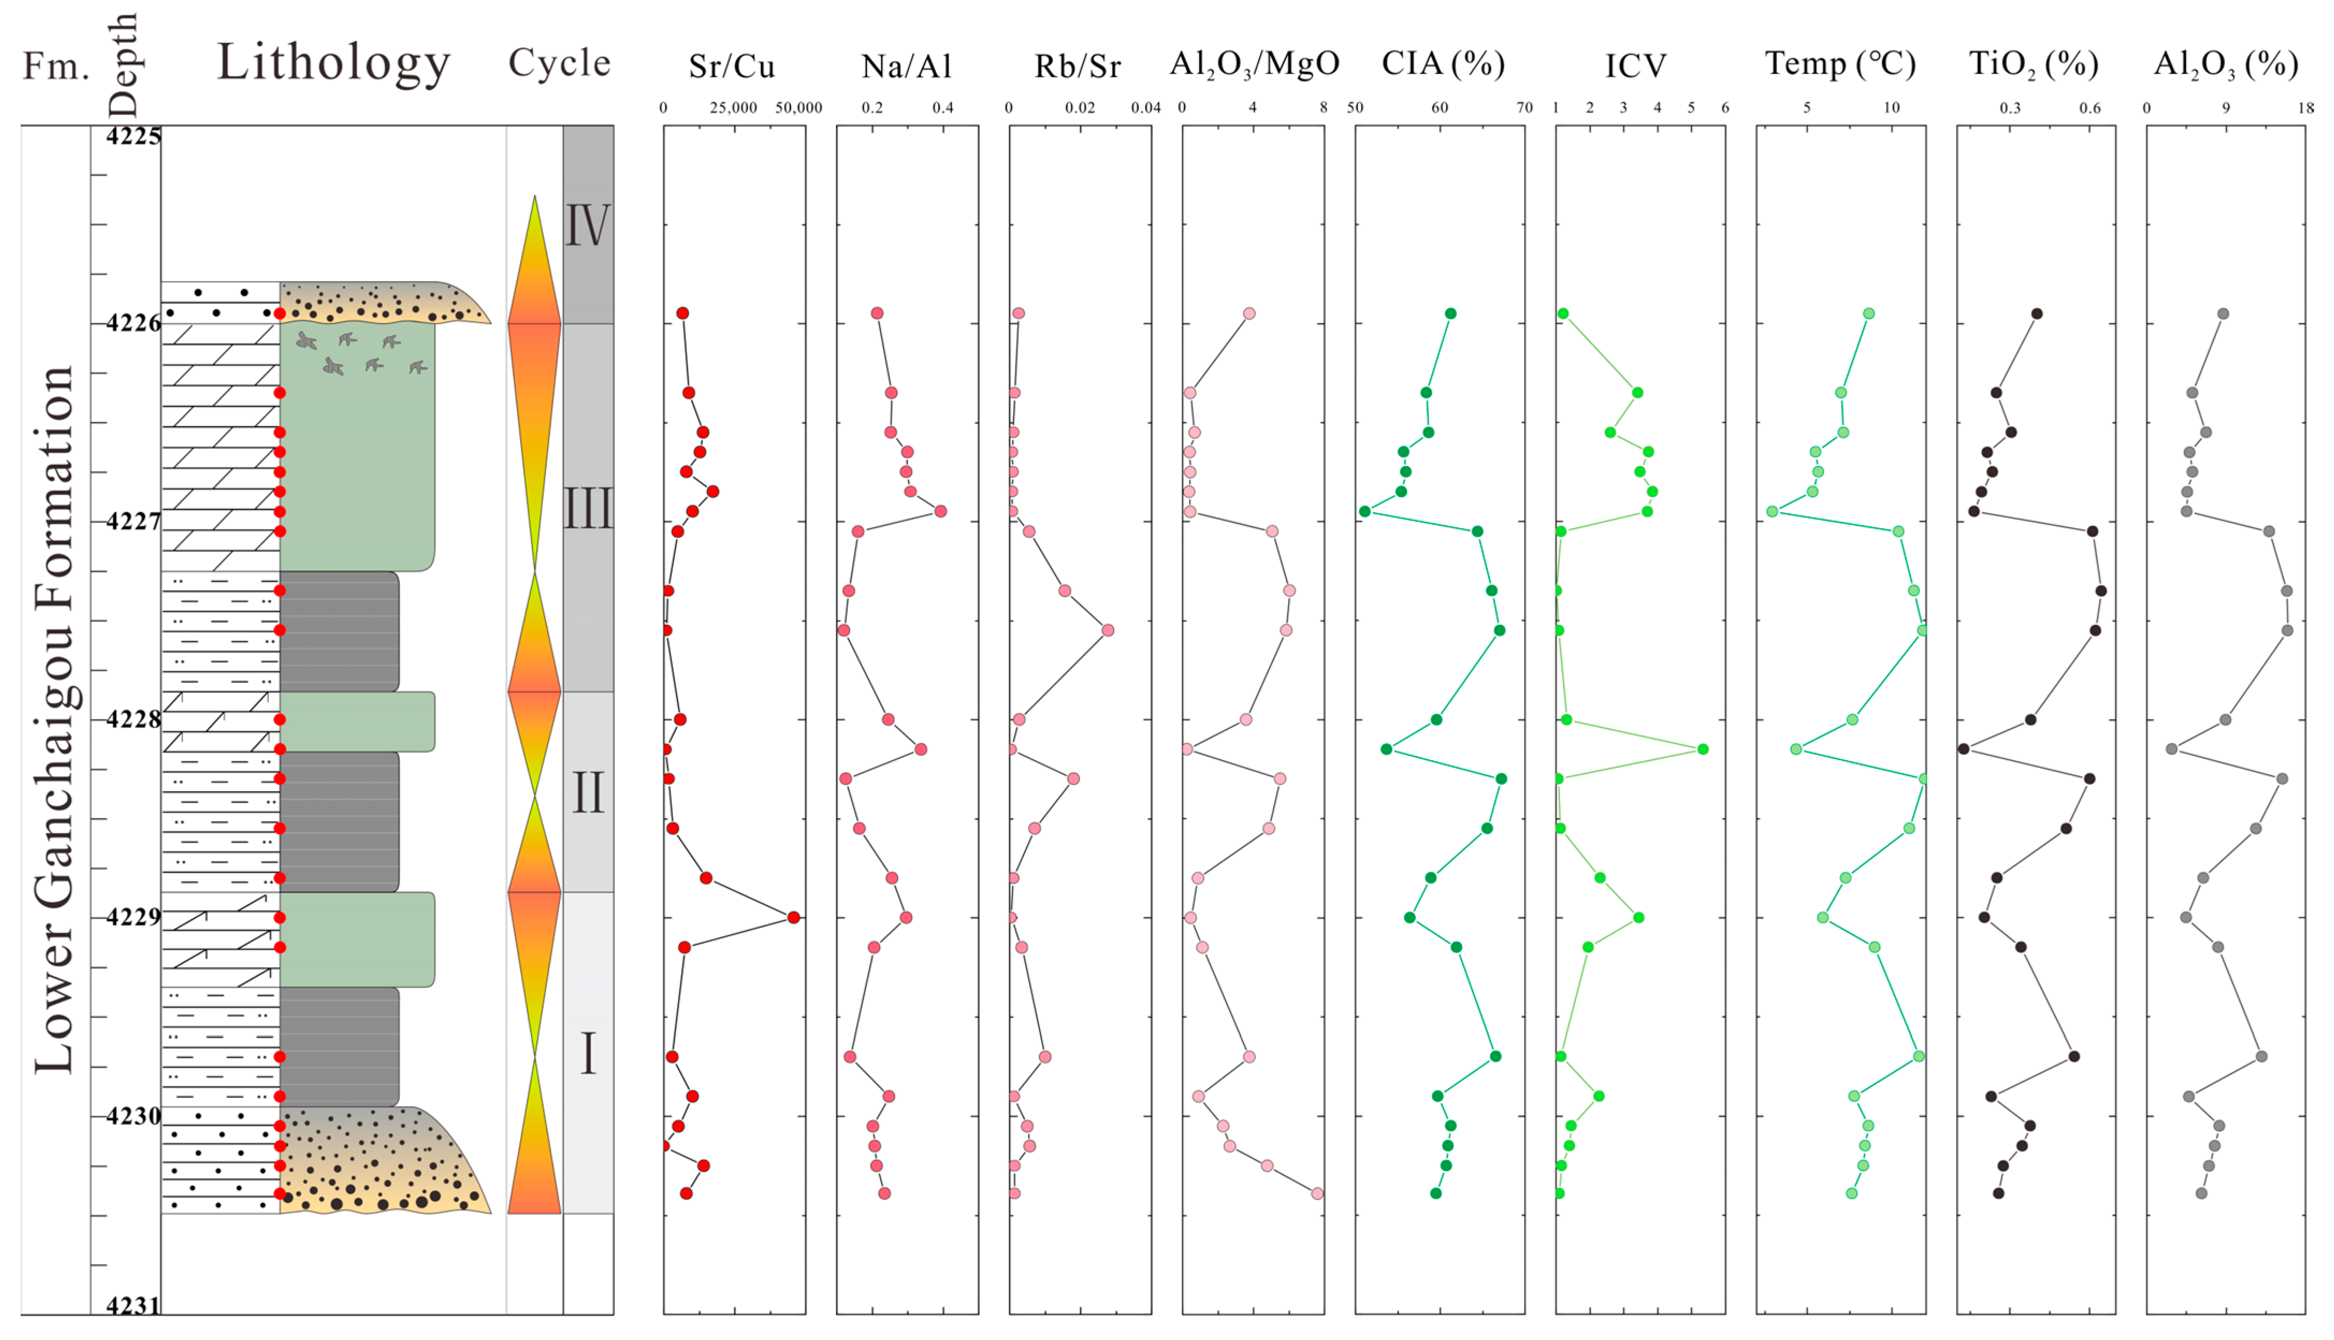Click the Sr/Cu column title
click(732, 66)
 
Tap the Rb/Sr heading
click(1078, 66)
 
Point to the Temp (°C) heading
click(1840, 64)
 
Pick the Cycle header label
click(559, 63)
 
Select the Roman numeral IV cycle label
click(587, 225)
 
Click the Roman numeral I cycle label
click(587, 1054)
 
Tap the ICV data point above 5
click(1703, 749)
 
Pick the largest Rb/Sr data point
click(1108, 630)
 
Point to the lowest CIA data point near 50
click(1365, 512)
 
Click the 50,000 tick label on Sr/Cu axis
click(798, 108)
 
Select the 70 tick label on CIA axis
click(1524, 108)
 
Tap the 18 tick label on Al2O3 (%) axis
click(2306, 108)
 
